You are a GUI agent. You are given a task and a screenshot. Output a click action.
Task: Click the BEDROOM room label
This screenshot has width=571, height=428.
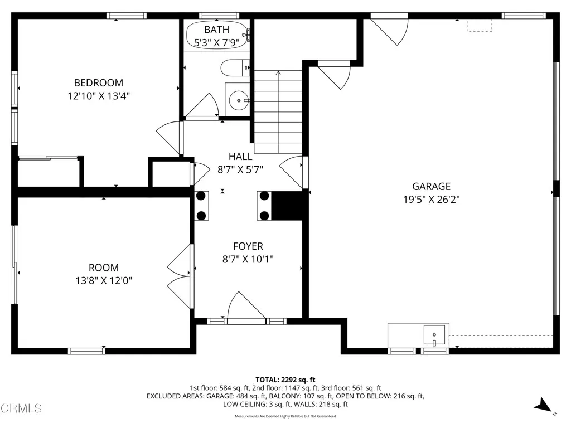pyautogui.click(x=99, y=83)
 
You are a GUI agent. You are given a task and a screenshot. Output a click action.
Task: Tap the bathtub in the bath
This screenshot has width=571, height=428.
pyautogui.click(x=216, y=35)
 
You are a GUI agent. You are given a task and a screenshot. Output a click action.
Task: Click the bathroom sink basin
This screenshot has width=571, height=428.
pyautogui.click(x=239, y=101)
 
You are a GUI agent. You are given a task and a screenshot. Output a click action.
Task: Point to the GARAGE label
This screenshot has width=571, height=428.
pyautogui.click(x=431, y=187)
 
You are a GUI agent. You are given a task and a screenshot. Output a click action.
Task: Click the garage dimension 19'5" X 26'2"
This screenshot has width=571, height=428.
pyautogui.click(x=431, y=200)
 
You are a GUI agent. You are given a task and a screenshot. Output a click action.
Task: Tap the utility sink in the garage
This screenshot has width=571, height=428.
pyautogui.click(x=434, y=335)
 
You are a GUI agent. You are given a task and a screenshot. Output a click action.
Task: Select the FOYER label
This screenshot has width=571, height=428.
pyautogui.click(x=248, y=246)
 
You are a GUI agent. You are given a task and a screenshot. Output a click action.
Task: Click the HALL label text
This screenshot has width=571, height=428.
pyautogui.click(x=240, y=157)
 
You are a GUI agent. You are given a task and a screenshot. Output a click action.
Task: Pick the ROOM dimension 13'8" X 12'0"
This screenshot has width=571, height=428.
pyautogui.click(x=103, y=280)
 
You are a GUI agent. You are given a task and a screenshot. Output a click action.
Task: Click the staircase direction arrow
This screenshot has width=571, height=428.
pyautogui.click(x=278, y=74)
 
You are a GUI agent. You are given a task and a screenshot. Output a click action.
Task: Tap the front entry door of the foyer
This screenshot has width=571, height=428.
pyautogui.click(x=246, y=308)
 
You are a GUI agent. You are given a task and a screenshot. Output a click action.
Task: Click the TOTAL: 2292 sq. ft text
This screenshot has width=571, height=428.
pyautogui.click(x=285, y=380)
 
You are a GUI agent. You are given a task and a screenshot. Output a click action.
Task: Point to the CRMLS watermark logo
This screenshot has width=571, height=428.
pyautogui.click(x=21, y=408)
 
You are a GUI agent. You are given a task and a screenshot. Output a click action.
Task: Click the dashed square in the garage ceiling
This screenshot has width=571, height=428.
pyautogui.click(x=479, y=25)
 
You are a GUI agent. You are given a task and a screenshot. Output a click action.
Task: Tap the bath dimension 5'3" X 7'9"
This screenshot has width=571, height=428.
pyautogui.click(x=216, y=42)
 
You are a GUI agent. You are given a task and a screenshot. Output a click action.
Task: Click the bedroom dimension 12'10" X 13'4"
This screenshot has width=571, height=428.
pyautogui.click(x=99, y=96)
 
